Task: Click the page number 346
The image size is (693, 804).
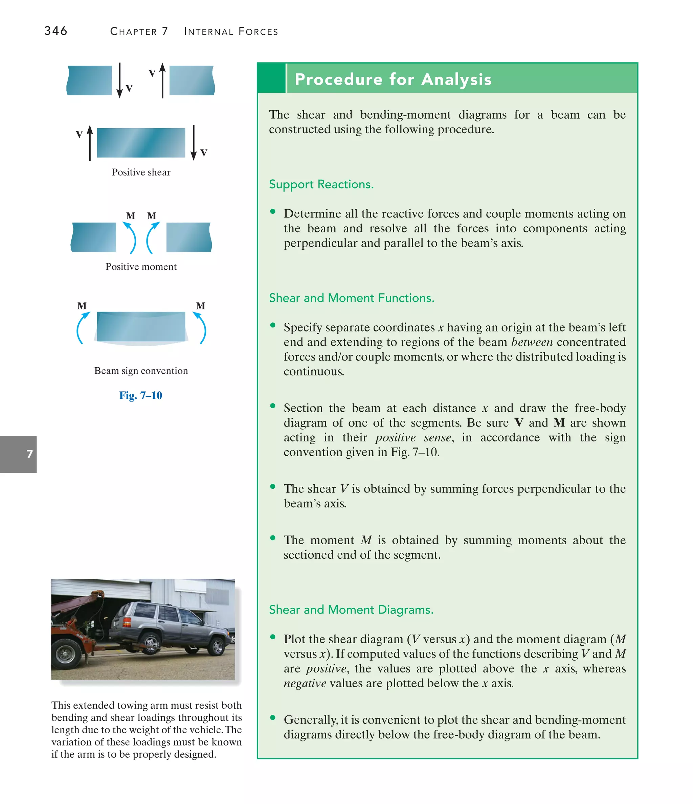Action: click(x=55, y=31)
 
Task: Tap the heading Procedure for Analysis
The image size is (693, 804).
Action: click(x=393, y=79)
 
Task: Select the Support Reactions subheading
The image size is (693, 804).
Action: click(x=321, y=184)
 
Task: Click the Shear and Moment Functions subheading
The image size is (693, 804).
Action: click(x=351, y=298)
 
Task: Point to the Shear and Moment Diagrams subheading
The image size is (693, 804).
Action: click(x=351, y=610)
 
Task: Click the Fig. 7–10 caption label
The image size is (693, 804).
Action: click(x=140, y=395)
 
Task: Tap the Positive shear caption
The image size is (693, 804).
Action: click(x=141, y=172)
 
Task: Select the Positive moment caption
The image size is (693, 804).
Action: click(x=141, y=267)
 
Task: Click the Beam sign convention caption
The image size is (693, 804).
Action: click(x=141, y=371)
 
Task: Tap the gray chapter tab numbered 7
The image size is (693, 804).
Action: click(x=18, y=454)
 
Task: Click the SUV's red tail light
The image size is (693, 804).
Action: click(x=127, y=622)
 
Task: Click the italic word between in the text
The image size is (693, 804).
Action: click(x=532, y=342)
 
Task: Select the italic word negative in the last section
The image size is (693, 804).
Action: click(x=305, y=683)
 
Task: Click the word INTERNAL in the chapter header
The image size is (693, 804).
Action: click(x=208, y=31)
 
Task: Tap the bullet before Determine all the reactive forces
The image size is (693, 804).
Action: click(x=273, y=211)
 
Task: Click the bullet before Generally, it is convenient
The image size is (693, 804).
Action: click(x=273, y=717)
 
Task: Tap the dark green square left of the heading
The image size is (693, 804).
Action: click(x=271, y=78)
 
